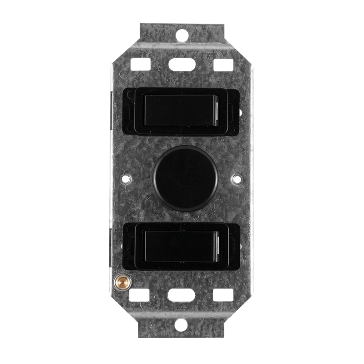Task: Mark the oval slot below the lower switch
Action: (x=181, y=295)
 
